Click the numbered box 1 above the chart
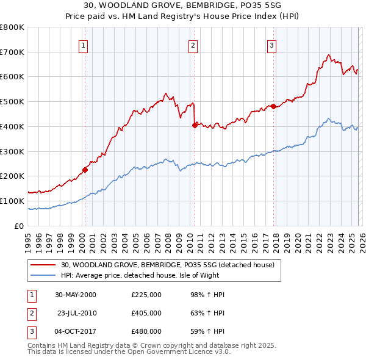click(x=83, y=45)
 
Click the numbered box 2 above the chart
click(x=193, y=45)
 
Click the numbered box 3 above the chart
click(x=271, y=45)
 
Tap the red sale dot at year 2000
click(x=85, y=170)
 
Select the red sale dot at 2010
click(x=195, y=125)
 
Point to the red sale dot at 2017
click(x=273, y=106)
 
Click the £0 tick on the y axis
click(x=18, y=226)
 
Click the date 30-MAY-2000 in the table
click(x=76, y=295)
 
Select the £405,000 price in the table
click(x=146, y=313)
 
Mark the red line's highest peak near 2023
click(x=329, y=55)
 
